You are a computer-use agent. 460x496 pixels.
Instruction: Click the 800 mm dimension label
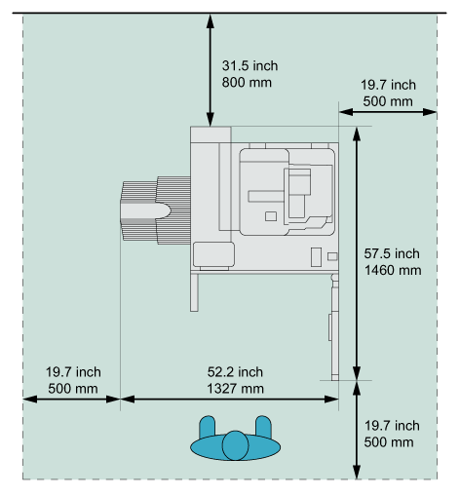coord(247,83)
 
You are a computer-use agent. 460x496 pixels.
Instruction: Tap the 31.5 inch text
coord(249,66)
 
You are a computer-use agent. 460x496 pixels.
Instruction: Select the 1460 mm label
coord(393,270)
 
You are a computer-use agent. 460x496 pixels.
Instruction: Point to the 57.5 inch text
coord(392,253)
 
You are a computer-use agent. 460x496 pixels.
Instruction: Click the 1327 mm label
coord(235,389)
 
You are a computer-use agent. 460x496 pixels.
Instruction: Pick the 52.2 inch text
coord(235,372)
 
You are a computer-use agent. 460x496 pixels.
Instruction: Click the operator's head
coord(235,445)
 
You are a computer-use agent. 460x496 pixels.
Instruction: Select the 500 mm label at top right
coord(388,101)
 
